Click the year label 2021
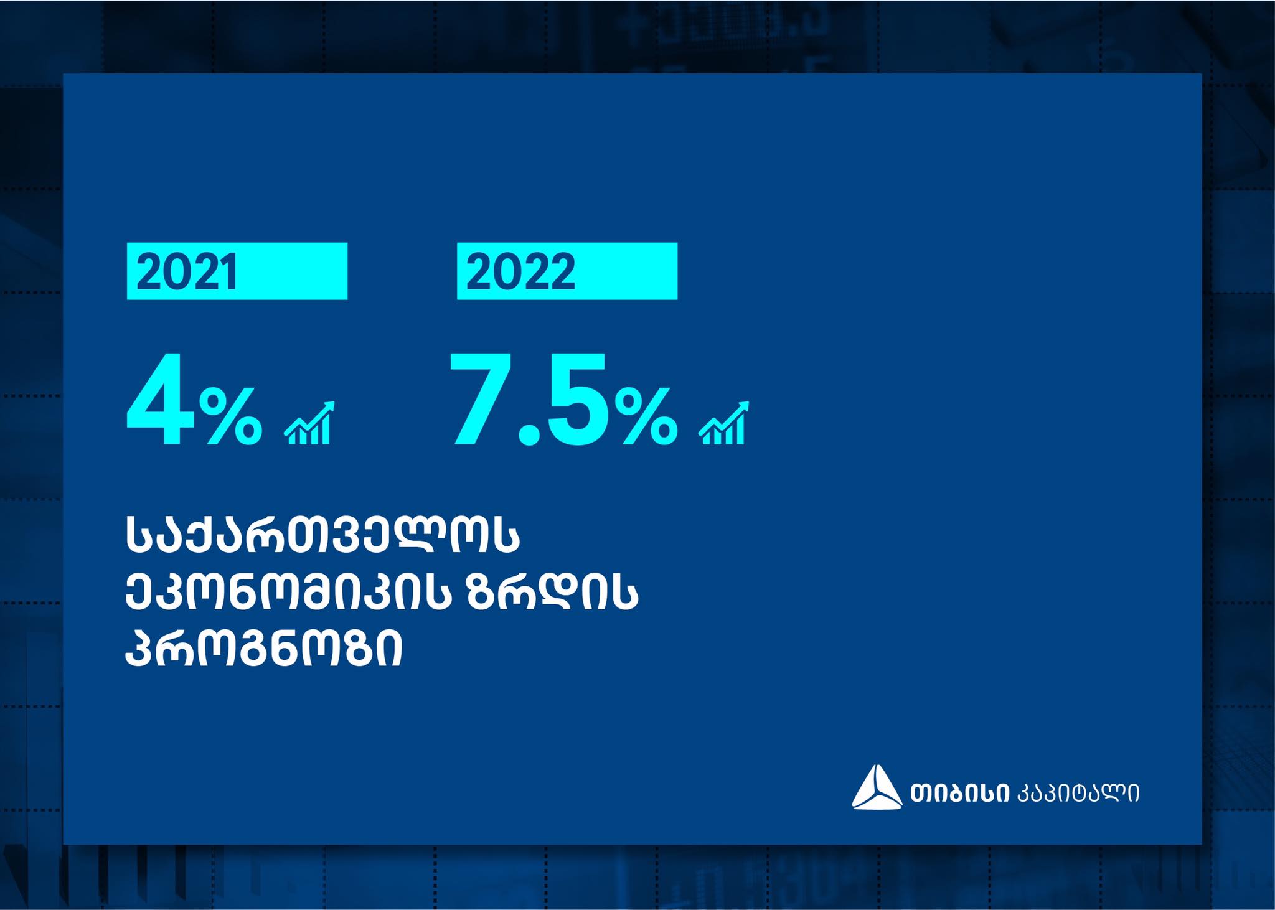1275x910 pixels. coord(187,272)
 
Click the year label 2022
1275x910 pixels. coord(520,272)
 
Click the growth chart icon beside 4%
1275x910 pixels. coord(309,423)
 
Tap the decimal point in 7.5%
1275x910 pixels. coord(529,434)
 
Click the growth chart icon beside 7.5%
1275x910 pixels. coord(724,423)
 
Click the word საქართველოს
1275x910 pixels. coord(322,534)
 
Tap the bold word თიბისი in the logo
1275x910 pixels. coord(959,793)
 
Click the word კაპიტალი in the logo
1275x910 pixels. coord(1078,793)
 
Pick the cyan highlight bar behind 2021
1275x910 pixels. coord(237,271)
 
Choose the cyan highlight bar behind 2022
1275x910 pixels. coord(567,271)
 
